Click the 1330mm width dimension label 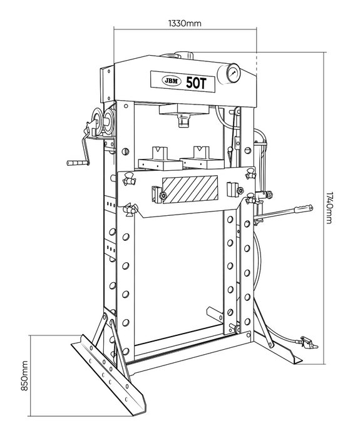[x=185, y=23]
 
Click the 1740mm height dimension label [x=329, y=208]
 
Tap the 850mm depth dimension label [x=24, y=375]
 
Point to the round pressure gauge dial [x=233, y=73]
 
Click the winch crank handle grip [x=75, y=162]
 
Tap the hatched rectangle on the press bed [x=190, y=190]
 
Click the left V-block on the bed [x=158, y=158]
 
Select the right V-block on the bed [x=201, y=157]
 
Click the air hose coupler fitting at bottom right [x=308, y=342]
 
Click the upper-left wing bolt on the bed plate [x=130, y=179]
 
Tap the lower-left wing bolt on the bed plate [x=130, y=209]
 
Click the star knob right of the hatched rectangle [x=240, y=191]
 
